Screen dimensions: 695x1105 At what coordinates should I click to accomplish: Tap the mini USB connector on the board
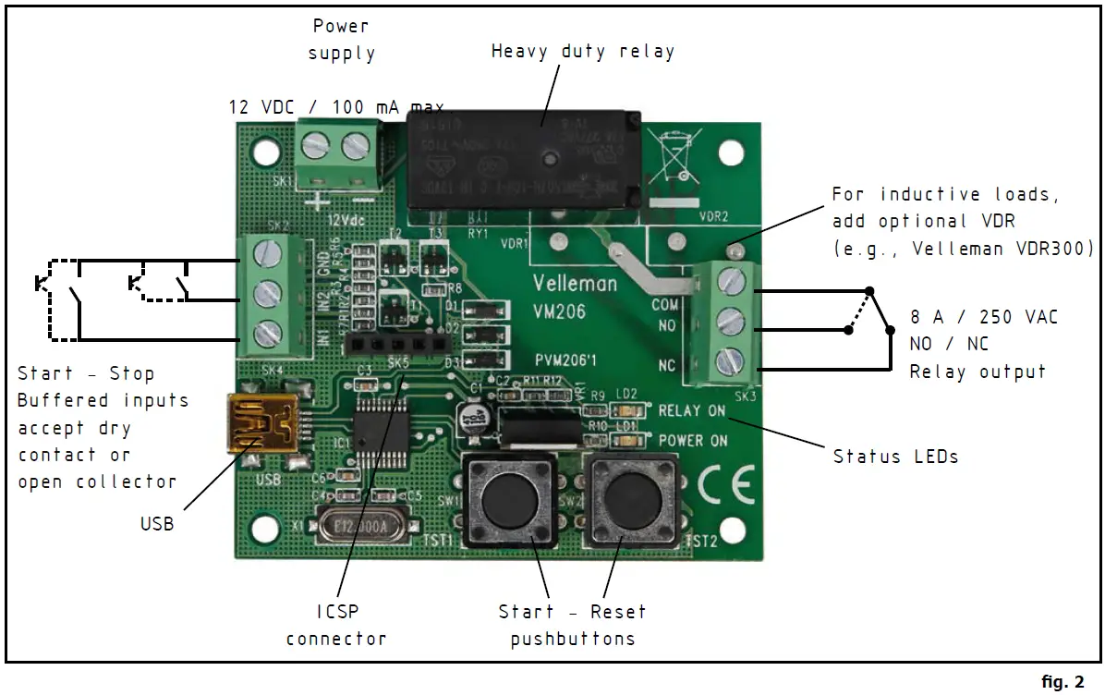click(x=262, y=425)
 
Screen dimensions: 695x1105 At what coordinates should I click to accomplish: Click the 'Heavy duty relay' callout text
click(x=583, y=52)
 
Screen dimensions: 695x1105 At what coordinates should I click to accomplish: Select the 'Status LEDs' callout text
click(x=895, y=456)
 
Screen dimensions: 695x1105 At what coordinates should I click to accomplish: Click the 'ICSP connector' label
click(x=336, y=625)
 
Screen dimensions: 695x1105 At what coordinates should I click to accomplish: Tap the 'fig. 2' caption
click(x=1062, y=682)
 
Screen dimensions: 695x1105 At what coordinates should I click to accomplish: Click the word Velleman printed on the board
click(x=575, y=283)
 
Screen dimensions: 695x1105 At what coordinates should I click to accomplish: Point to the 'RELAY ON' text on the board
click(x=692, y=411)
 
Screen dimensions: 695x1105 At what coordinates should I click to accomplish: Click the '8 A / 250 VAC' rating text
click(x=984, y=317)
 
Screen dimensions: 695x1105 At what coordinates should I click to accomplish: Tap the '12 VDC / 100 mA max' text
click(x=336, y=108)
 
